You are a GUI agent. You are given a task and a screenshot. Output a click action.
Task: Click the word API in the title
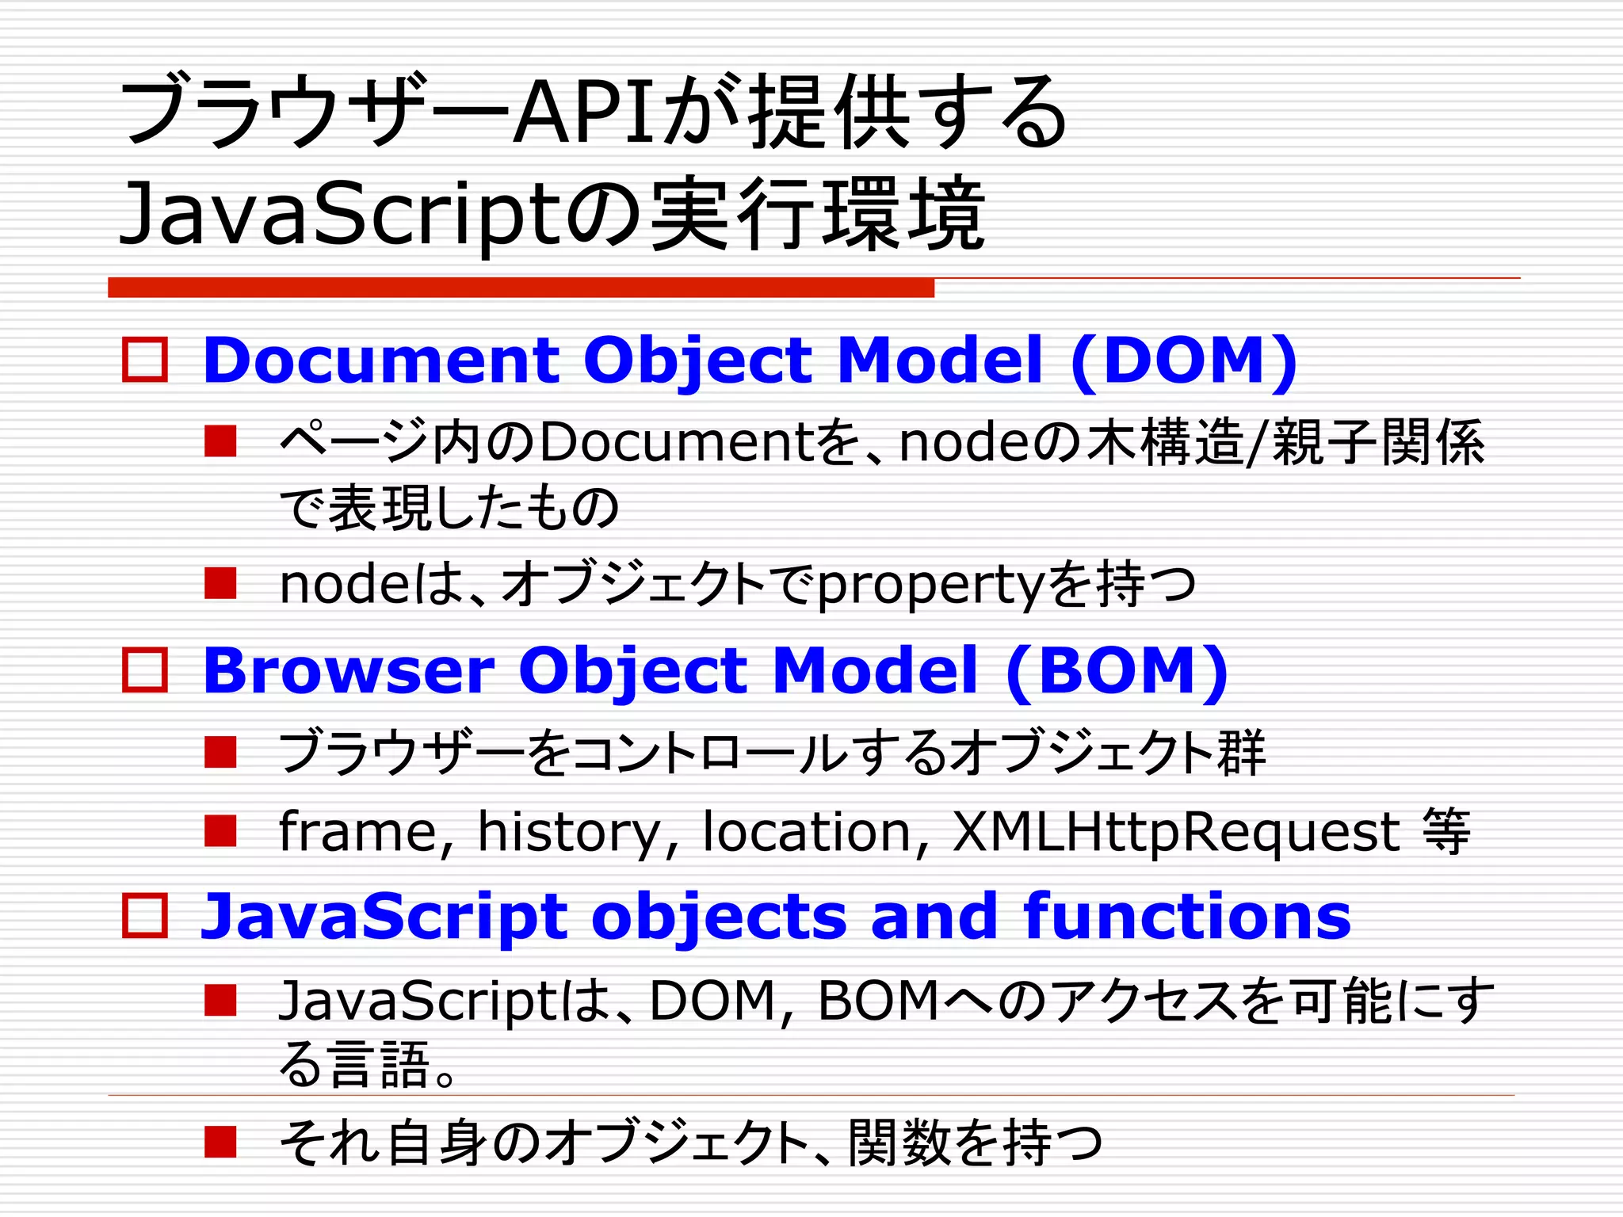(x=586, y=113)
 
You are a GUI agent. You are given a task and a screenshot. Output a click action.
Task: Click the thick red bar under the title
(x=521, y=288)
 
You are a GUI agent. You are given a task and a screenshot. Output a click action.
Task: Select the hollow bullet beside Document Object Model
(x=145, y=361)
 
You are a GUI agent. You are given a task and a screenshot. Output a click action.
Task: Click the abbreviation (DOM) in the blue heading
(x=1183, y=361)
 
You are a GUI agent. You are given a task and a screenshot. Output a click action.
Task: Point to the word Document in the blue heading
(x=381, y=361)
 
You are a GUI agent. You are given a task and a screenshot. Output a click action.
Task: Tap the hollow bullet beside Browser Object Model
(x=145, y=670)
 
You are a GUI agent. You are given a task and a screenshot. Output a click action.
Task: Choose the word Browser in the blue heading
(x=349, y=670)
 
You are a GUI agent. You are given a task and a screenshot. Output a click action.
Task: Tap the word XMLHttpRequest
(x=1177, y=832)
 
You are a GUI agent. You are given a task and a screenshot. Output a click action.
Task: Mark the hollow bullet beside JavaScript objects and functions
(x=145, y=916)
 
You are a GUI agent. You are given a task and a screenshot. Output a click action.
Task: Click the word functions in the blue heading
(x=1187, y=916)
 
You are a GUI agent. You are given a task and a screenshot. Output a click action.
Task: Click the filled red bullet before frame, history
(x=220, y=831)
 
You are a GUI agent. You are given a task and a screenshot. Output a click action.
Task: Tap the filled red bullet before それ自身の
(x=220, y=1142)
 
